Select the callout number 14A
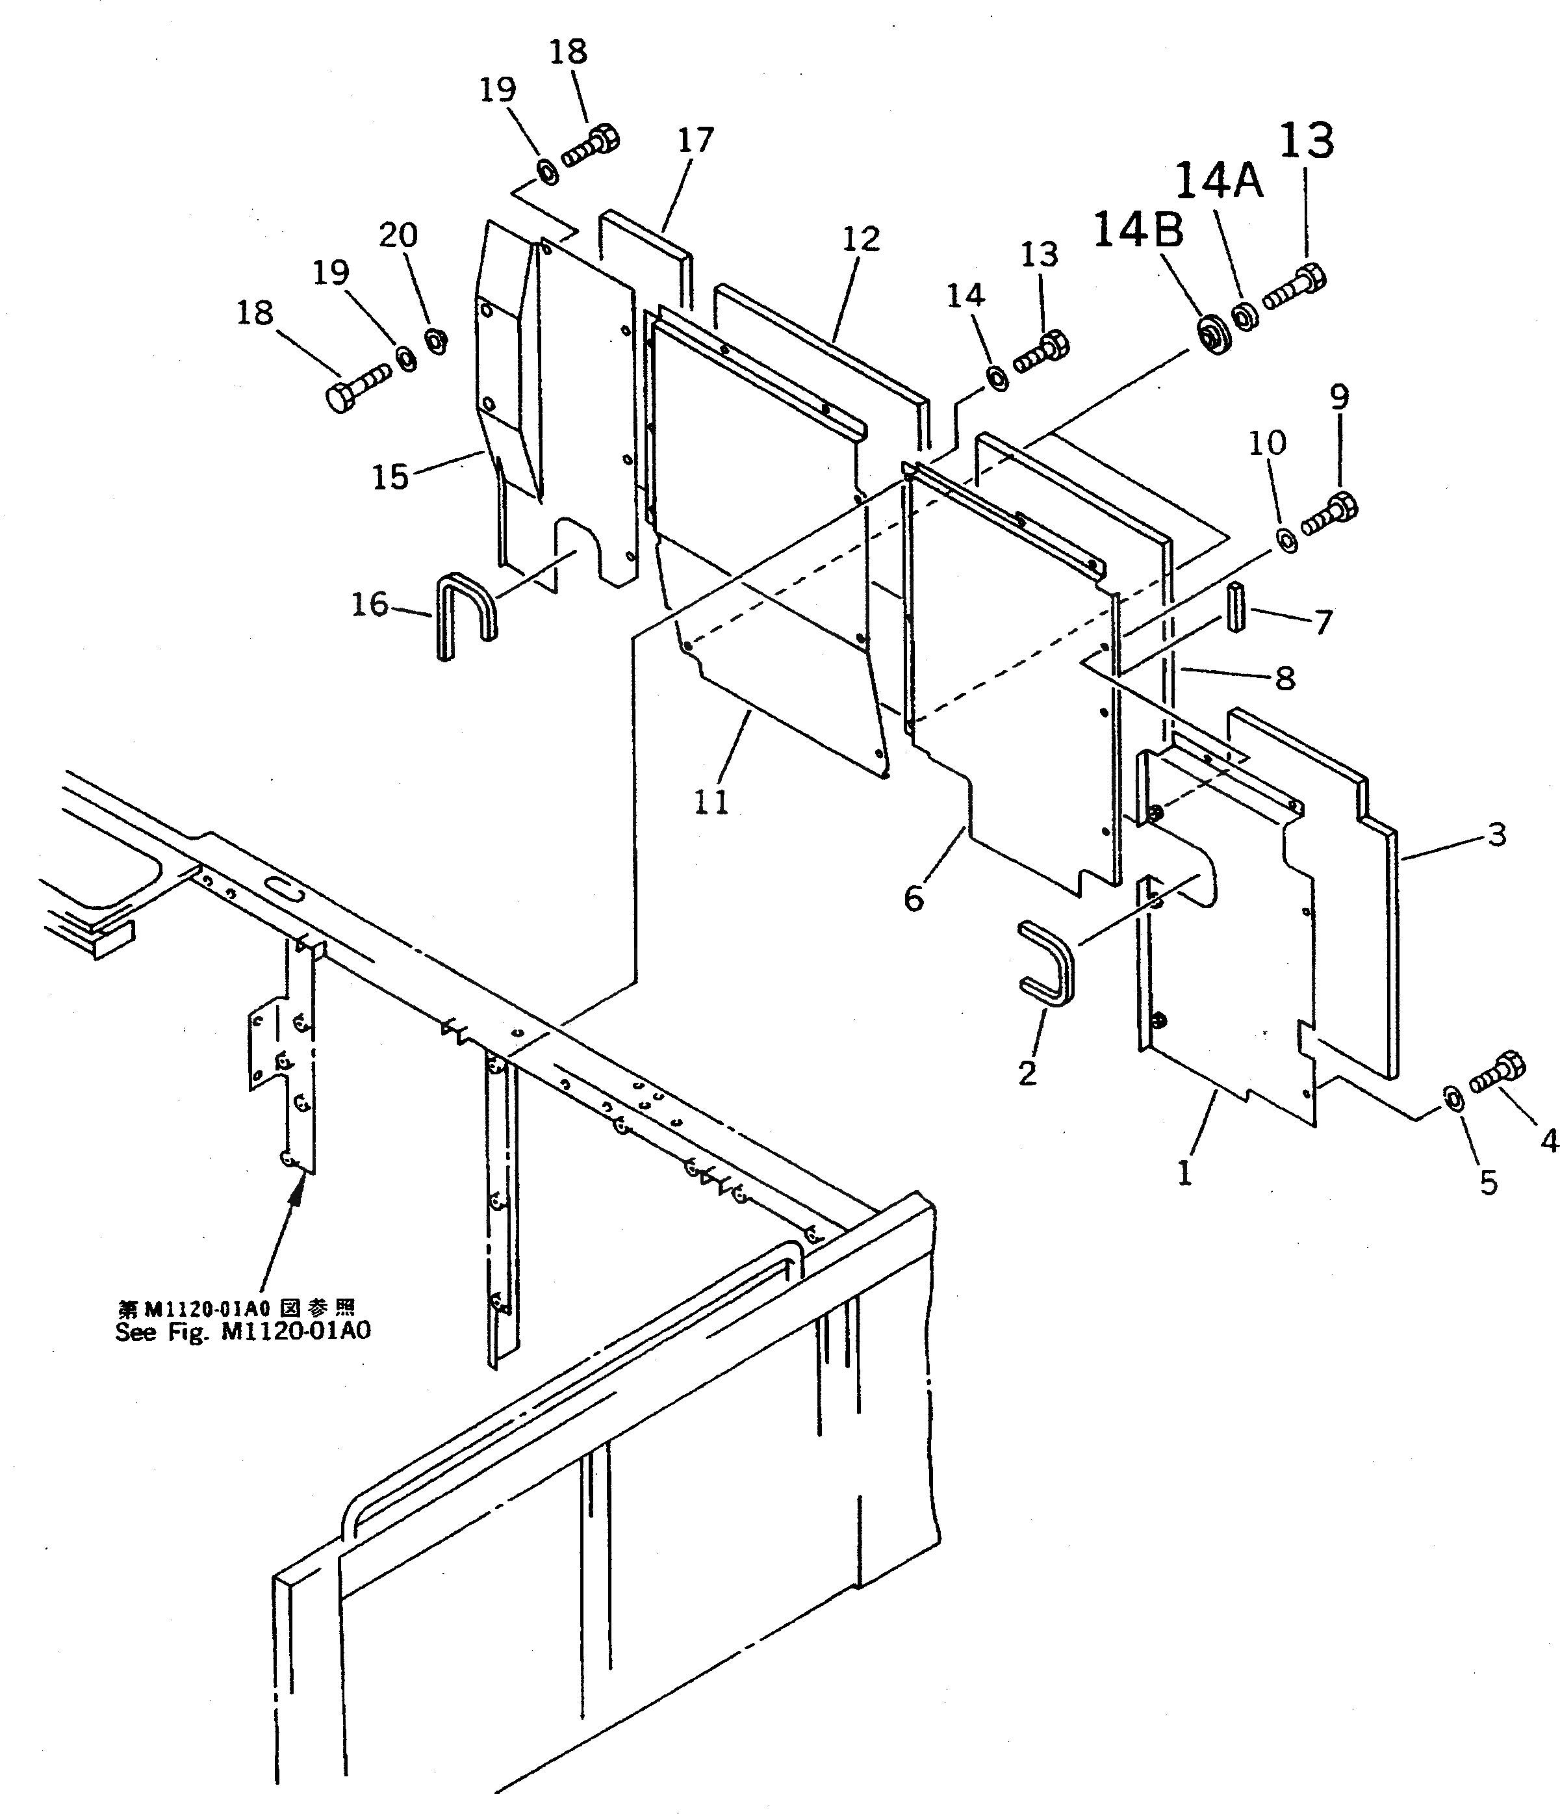(1219, 182)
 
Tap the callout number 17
(696, 140)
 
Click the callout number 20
(398, 235)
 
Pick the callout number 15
(390, 477)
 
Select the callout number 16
(370, 604)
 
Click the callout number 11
(711, 802)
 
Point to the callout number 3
(1497, 835)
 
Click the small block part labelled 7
(1235, 606)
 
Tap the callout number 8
(1285, 678)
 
